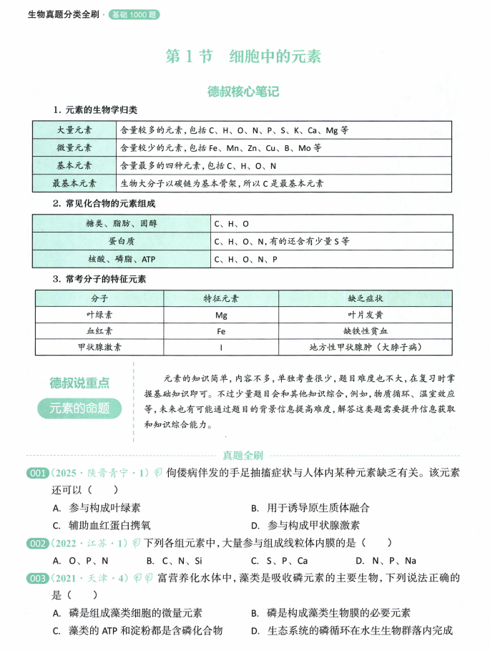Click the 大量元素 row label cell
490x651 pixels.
click(x=74, y=130)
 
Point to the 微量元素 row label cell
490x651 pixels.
click(x=74, y=148)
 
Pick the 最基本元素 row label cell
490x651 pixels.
click(x=74, y=183)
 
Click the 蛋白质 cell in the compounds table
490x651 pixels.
click(x=122, y=241)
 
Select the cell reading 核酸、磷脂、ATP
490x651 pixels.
click(x=122, y=259)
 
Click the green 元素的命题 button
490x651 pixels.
click(x=79, y=409)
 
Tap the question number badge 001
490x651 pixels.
click(x=36, y=473)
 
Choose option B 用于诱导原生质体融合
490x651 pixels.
click(x=310, y=508)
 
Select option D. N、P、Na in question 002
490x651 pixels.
click(x=385, y=561)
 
